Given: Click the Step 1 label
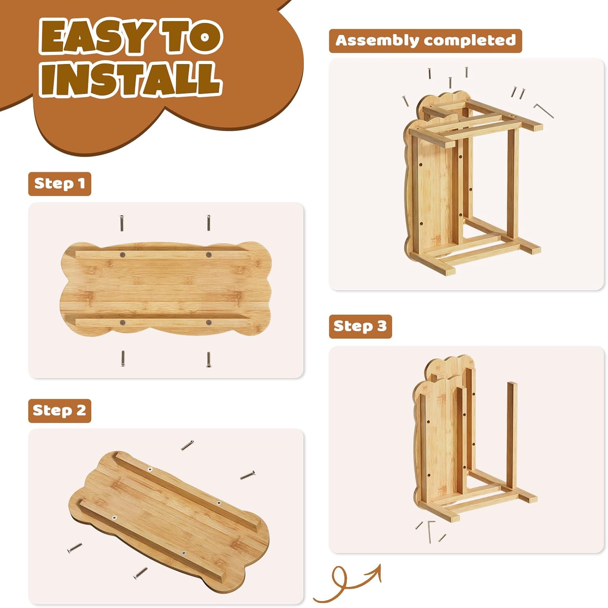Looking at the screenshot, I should click(x=60, y=184).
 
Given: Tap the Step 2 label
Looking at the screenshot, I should click(x=60, y=411).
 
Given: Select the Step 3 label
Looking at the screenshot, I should click(x=360, y=326).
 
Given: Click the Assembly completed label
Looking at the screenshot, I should click(x=425, y=41).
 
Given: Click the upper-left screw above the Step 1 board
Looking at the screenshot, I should click(x=122, y=223).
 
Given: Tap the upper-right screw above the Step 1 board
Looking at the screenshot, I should click(x=208, y=223).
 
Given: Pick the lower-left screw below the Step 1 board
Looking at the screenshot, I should click(x=123, y=359).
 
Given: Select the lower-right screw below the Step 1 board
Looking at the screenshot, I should click(x=208, y=360).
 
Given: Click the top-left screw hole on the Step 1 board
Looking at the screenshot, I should click(x=122, y=255).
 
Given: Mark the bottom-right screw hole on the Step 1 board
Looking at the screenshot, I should click(x=208, y=323).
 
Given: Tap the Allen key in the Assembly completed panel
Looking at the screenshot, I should click(x=543, y=110).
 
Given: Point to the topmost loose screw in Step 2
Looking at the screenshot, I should click(x=187, y=445).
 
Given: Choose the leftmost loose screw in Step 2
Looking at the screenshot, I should click(x=75, y=548).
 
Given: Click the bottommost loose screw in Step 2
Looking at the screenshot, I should click(x=140, y=573).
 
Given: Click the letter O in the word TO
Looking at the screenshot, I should click(x=205, y=37).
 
